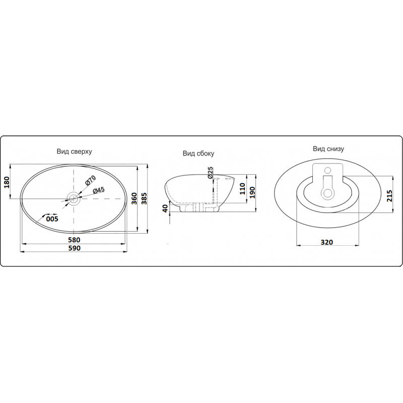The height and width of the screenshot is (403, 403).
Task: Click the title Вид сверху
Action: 74,152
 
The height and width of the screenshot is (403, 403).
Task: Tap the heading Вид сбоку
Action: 198,154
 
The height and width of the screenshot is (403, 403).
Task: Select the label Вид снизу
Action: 328,149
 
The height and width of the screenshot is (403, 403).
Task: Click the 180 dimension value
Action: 7,182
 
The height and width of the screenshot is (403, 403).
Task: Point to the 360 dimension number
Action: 134,198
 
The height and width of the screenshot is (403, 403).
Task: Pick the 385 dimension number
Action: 145,198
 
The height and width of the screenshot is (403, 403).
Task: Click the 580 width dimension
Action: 74,240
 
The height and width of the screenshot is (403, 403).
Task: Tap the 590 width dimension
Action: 74,248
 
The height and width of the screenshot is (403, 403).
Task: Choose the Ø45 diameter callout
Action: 99,190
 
